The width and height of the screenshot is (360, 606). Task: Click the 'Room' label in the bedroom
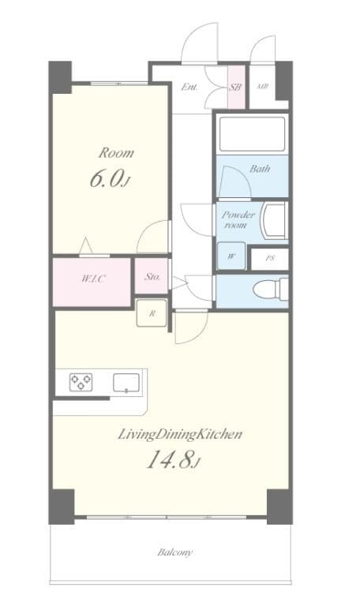pyautogui.click(x=115, y=152)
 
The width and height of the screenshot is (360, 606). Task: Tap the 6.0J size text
pyautogui.click(x=108, y=180)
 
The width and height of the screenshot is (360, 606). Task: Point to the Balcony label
pyautogui.click(x=174, y=552)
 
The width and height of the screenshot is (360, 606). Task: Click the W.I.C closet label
pyautogui.click(x=92, y=279)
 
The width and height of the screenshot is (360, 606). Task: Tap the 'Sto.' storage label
pyautogui.click(x=153, y=277)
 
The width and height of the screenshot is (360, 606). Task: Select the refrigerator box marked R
pyautogui.click(x=151, y=312)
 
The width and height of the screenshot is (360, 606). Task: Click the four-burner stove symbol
pyautogui.click(x=80, y=383)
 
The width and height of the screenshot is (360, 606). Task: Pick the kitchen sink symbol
pyautogui.click(x=126, y=383)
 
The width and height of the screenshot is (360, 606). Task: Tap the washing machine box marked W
pyautogui.click(x=231, y=256)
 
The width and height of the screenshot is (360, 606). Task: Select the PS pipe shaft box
pyautogui.click(x=269, y=257)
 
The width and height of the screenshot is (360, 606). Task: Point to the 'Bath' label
pyautogui.click(x=259, y=169)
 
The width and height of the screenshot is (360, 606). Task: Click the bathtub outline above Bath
pyautogui.click(x=251, y=134)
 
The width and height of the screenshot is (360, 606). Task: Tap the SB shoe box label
pyautogui.click(x=235, y=88)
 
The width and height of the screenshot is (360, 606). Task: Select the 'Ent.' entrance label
pyautogui.click(x=189, y=88)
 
